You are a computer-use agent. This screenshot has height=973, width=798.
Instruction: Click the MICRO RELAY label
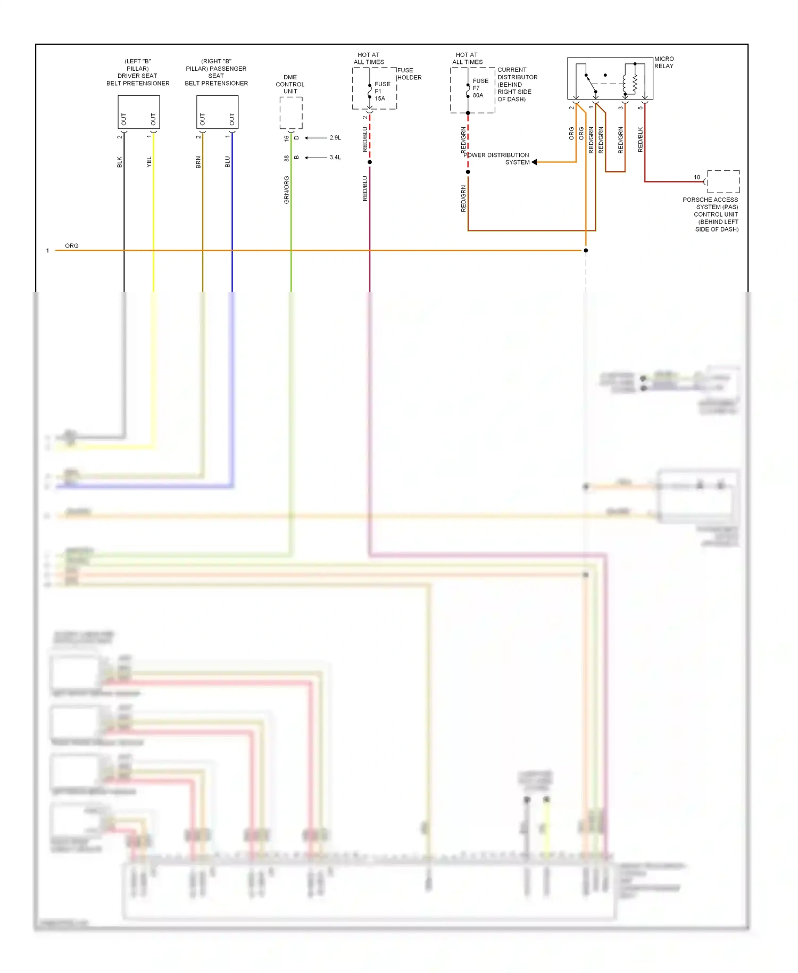663,62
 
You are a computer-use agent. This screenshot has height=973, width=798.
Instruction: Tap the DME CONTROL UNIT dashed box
291,113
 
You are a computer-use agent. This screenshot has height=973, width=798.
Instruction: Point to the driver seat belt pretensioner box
138,112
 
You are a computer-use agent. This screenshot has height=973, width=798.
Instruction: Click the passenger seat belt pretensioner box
217,112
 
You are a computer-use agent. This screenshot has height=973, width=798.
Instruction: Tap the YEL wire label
149,162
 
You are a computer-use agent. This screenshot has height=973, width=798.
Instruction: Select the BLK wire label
120,162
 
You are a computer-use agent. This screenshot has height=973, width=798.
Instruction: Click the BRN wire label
198,162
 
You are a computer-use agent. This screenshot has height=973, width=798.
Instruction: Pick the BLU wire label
228,162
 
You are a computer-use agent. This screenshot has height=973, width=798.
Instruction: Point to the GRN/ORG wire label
287,189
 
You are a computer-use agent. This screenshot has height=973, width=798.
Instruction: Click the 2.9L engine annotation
335,138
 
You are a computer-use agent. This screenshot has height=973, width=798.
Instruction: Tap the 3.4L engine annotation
335,158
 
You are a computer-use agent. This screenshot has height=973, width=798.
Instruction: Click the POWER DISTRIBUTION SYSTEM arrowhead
534,162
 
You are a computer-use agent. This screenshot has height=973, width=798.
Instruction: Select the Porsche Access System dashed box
723,182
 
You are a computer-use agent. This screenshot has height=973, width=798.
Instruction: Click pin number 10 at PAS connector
697,177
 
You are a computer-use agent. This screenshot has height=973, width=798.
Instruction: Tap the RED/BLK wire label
640,139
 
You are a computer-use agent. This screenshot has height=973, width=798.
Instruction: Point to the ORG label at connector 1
72,246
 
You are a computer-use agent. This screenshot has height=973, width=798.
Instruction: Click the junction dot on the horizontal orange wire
586,250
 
